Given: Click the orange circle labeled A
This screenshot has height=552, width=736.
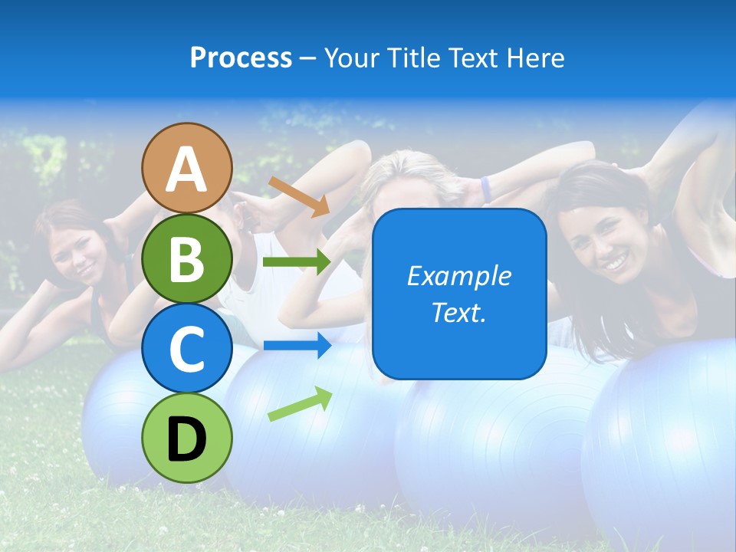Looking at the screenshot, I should (187, 168).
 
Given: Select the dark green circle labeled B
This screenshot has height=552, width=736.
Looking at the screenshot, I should (187, 258).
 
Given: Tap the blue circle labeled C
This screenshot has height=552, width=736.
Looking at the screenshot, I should (187, 348).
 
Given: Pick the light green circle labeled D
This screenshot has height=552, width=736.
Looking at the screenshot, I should (187, 438).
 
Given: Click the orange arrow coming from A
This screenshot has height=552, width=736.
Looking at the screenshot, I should (299, 196).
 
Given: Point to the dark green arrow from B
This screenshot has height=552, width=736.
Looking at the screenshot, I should (297, 262).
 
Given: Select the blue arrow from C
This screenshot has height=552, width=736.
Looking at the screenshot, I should (297, 346).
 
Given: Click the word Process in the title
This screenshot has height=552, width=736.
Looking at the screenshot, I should (241, 58).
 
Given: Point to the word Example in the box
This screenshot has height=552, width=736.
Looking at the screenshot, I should (458, 276).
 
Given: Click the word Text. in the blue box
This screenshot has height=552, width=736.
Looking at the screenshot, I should (458, 313).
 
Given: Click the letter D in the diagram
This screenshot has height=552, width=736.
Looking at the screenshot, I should (187, 439).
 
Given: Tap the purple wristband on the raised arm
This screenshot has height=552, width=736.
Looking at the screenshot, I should (485, 189).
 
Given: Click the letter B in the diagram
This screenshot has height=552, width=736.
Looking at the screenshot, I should (187, 260).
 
